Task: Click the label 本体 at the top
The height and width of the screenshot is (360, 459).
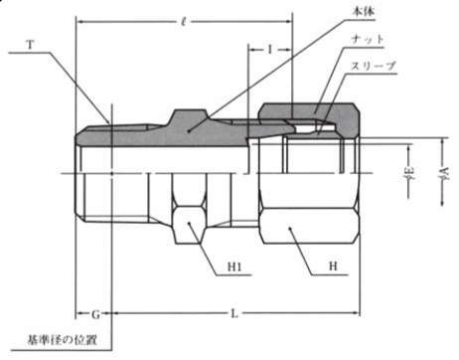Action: click(x=363, y=12)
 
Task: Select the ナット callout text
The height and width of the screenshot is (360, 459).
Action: click(x=368, y=39)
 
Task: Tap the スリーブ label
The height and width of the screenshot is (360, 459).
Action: click(x=374, y=66)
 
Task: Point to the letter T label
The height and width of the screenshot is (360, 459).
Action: click(x=30, y=45)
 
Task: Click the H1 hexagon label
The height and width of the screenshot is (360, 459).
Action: click(x=234, y=267)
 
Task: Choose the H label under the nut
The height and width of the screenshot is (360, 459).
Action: click(x=333, y=266)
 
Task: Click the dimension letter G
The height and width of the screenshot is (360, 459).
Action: click(x=95, y=314)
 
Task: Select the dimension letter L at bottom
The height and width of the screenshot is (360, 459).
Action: click(x=234, y=313)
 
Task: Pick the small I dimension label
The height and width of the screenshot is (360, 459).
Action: click(x=270, y=50)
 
